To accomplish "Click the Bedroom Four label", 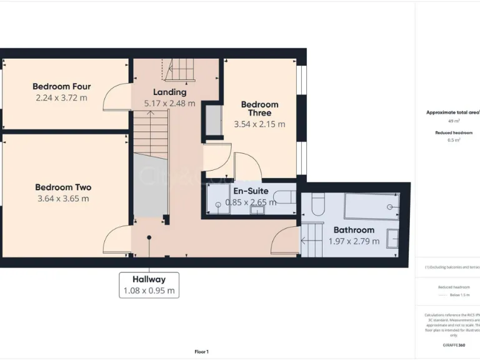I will [61, 86].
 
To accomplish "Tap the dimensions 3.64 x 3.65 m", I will [62, 199].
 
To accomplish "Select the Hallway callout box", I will [149, 285].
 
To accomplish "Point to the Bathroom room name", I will [354, 230].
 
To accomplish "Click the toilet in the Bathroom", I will [317, 205].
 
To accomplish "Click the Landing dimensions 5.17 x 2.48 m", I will [169, 104].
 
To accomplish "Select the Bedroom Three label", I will [259, 109].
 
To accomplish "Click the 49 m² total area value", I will [454, 121].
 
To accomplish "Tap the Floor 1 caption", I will [201, 352].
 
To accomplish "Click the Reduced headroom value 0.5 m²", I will [454, 141].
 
